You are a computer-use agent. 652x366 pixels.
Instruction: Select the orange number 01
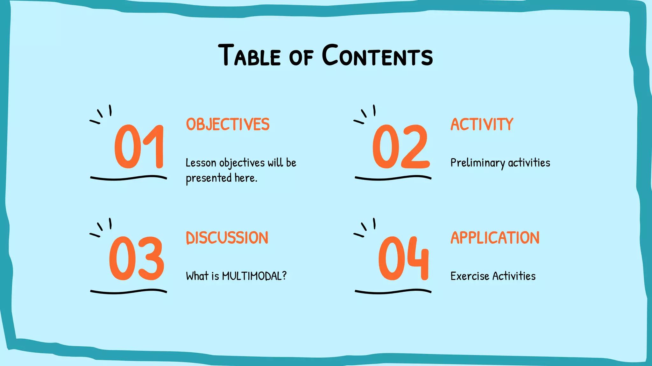tap(139, 146)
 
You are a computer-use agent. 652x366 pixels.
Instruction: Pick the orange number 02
tap(401, 146)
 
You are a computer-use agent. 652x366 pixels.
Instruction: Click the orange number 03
tap(137, 259)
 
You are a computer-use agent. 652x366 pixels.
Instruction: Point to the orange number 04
tap(403, 259)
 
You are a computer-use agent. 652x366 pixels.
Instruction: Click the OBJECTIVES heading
tap(228, 124)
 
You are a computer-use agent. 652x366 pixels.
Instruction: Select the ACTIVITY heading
tap(482, 124)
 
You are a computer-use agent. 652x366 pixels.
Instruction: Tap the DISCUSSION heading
tap(227, 238)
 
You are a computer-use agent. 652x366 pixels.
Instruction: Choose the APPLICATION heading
tap(495, 238)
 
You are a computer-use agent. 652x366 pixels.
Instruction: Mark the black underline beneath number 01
tap(128, 178)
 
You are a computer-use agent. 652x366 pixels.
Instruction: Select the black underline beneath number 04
tap(393, 291)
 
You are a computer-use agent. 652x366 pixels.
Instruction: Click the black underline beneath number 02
tap(393, 178)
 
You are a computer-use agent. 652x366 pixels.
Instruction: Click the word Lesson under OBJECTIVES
tap(201, 163)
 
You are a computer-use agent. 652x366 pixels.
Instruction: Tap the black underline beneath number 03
tap(128, 291)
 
